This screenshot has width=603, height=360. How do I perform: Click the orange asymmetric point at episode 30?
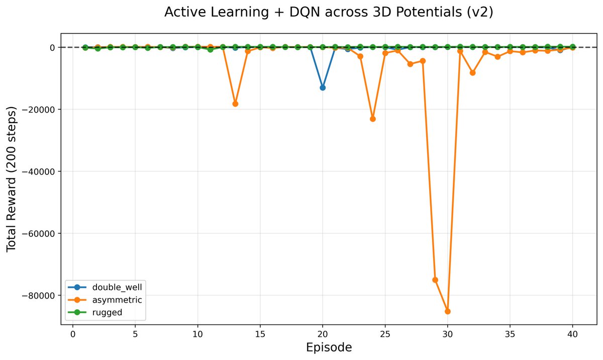(x=448, y=311)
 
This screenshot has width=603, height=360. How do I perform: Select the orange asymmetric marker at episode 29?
(x=435, y=280)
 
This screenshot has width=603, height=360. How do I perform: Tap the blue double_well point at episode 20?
(x=323, y=87)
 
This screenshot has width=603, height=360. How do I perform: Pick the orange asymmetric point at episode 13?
(x=235, y=104)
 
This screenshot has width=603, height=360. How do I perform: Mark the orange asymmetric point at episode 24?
(x=373, y=119)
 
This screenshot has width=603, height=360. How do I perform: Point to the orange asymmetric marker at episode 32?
(x=473, y=73)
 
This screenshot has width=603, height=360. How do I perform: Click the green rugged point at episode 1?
(x=85, y=47)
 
